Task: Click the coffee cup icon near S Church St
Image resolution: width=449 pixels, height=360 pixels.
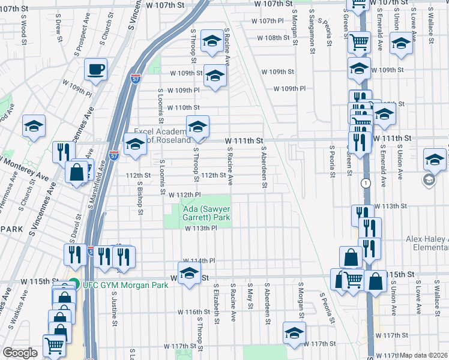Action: point(95,70)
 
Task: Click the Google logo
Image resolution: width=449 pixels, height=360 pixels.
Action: point(20,353)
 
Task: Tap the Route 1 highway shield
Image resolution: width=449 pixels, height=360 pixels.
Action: point(365,182)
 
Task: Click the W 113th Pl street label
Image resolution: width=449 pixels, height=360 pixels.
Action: point(200,228)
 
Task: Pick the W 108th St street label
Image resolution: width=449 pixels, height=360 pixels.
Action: point(277,38)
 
